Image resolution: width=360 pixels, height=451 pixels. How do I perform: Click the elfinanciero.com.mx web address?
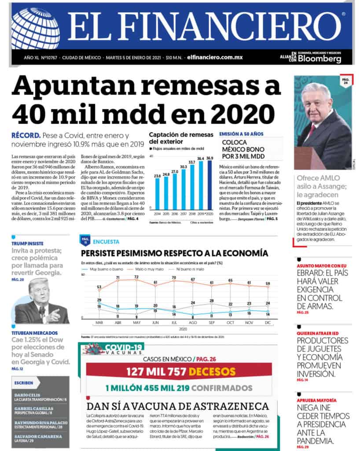(x=215, y=57)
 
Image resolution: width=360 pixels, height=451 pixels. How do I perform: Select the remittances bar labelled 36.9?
(x=210, y=185)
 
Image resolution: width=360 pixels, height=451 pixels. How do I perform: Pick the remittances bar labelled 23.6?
(x=157, y=194)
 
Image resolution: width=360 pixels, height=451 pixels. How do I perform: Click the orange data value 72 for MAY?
(x=136, y=277)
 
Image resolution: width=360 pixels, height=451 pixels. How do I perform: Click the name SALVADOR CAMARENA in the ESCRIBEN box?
(x=37, y=436)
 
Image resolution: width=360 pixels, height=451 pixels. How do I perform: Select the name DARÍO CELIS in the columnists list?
(x=27, y=395)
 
